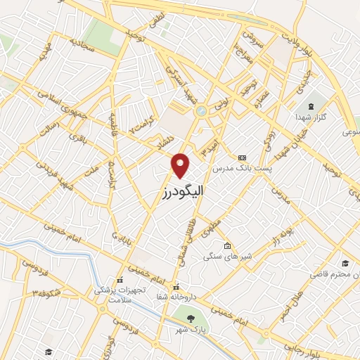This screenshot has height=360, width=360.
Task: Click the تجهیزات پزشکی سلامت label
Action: [120, 294]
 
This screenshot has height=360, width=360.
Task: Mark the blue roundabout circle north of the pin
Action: [201, 111]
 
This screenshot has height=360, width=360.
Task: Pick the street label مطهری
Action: [211, 226]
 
